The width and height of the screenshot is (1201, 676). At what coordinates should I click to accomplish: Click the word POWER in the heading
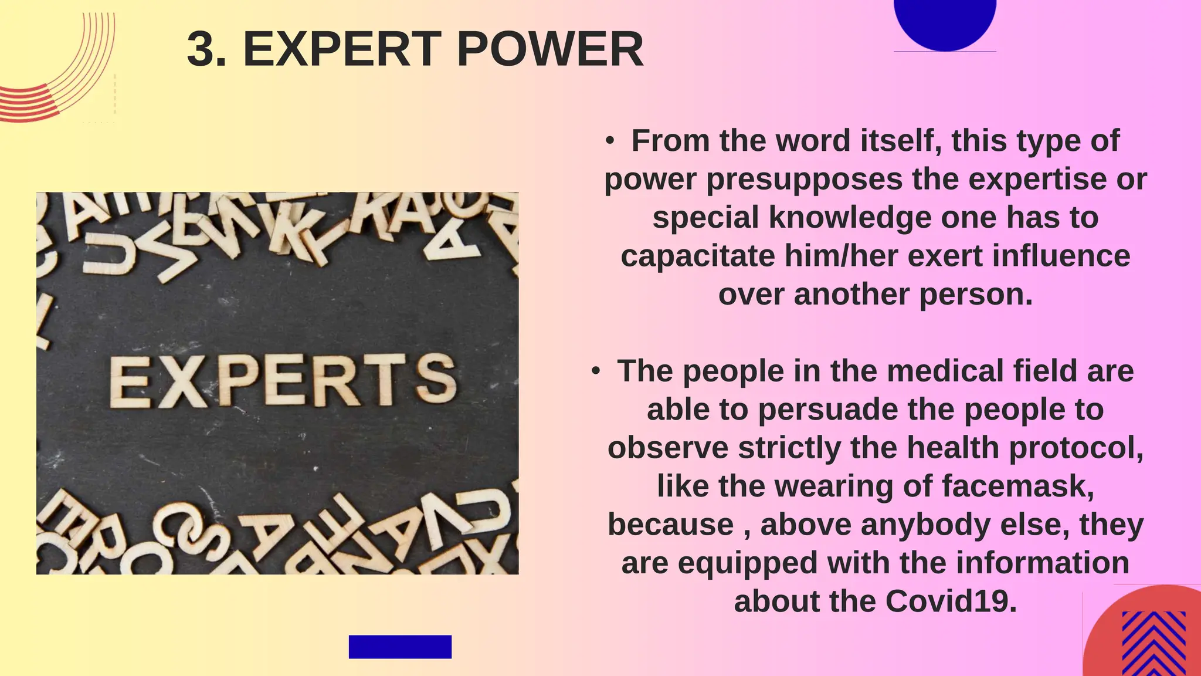549,50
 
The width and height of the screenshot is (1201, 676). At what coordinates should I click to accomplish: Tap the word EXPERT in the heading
342,50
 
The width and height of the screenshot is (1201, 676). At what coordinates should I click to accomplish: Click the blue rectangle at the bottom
400,647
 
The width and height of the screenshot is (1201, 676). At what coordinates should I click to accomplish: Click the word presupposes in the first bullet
805,180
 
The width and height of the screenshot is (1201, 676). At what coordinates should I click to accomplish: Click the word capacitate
698,256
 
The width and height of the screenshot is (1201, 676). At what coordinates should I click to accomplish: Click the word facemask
1017,486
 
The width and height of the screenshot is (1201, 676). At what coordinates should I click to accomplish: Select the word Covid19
951,601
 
